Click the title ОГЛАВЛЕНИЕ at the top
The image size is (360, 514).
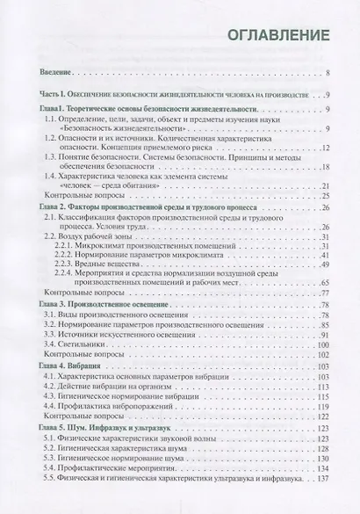point(278,35)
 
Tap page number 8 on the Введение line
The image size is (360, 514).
point(327,74)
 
